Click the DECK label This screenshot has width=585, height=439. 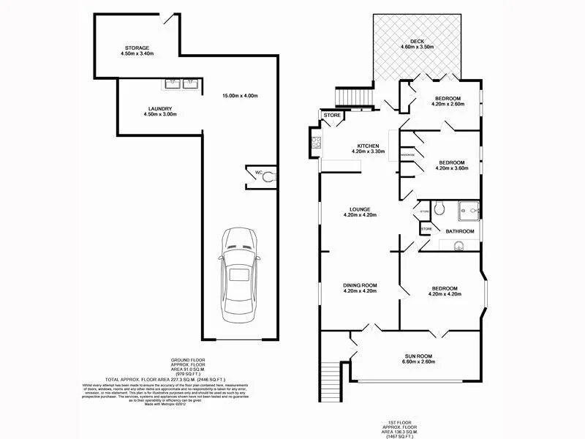417,42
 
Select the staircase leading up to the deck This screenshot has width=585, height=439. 354,97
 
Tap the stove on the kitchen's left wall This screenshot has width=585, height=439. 316,143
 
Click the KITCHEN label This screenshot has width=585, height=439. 366,146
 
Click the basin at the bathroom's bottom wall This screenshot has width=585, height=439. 459,247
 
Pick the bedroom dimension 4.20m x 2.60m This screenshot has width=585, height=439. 448,105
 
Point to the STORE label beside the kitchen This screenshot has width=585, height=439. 332,115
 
